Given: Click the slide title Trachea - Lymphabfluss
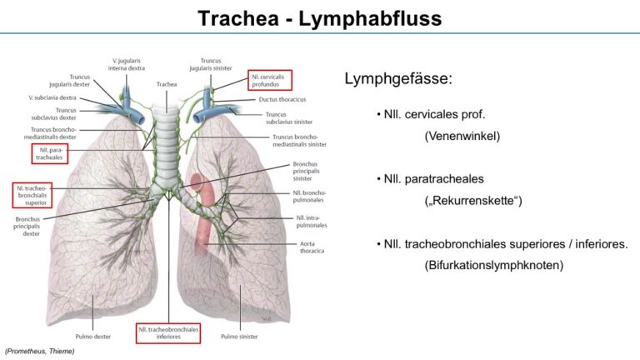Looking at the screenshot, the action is click(320, 18).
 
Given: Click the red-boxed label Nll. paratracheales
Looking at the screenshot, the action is click(50, 154).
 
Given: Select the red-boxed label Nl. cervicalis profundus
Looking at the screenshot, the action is click(270, 80).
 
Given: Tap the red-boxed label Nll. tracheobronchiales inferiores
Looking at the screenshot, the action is click(168, 333).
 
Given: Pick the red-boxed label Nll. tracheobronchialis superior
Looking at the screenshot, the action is click(32, 196).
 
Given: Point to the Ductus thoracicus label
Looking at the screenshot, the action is click(282, 99).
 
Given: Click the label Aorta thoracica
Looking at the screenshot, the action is click(312, 247).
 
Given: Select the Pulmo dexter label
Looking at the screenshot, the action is click(93, 337).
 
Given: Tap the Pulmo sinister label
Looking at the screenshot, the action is click(239, 337).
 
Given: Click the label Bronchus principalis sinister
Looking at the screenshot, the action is click(306, 172).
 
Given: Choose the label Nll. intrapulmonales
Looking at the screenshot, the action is click(312, 221).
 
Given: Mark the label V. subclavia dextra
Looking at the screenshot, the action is click(52, 98).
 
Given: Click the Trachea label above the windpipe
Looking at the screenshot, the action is click(167, 84).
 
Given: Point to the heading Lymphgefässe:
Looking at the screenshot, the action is click(398, 79).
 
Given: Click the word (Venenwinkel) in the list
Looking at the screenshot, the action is click(462, 136).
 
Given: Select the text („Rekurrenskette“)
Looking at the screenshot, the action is click(473, 201).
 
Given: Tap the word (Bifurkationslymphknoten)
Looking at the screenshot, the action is click(494, 265).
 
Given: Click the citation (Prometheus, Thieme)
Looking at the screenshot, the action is click(40, 351).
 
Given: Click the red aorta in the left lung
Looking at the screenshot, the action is click(201, 212).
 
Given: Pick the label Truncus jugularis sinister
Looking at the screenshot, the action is click(211, 64).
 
